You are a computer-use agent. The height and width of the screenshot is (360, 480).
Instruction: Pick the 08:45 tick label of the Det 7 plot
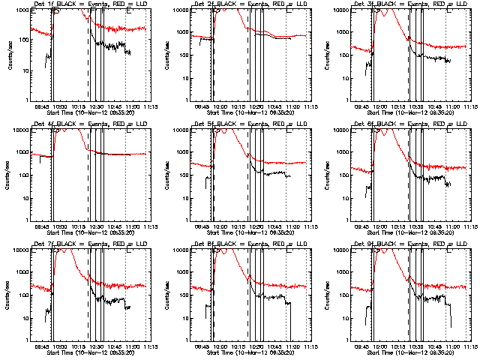pos(43,346)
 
